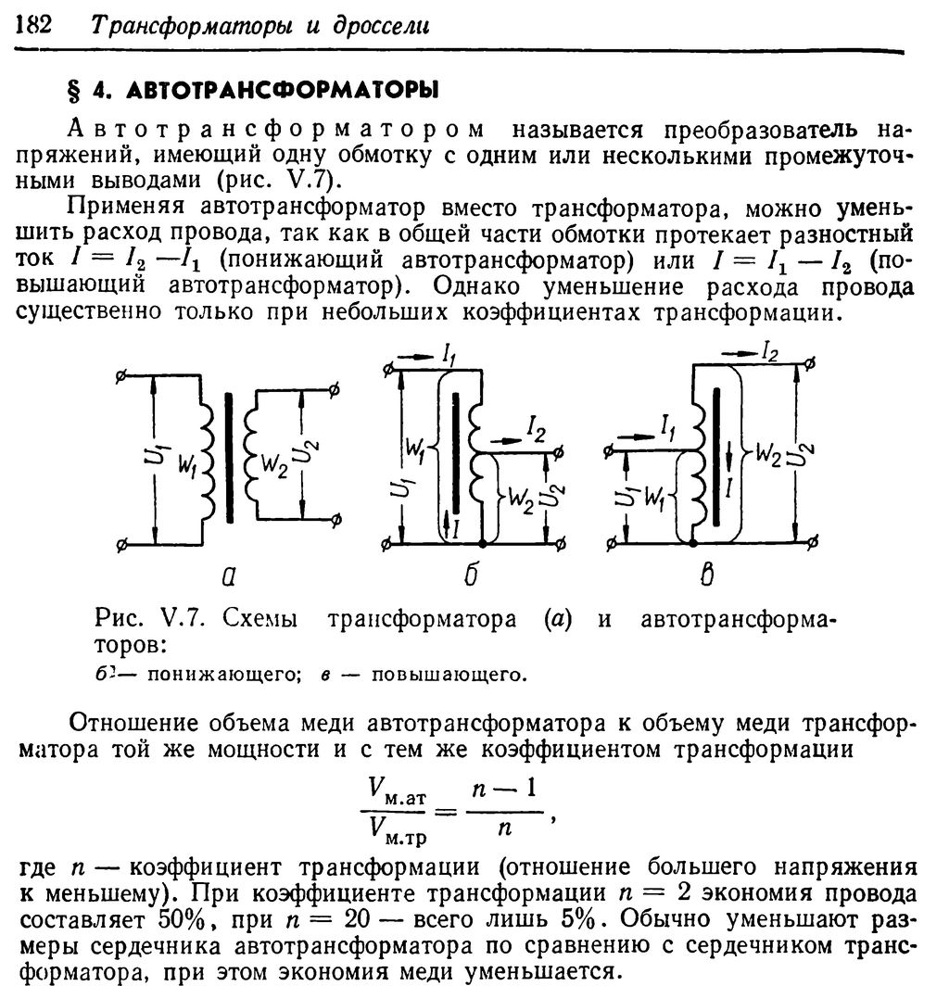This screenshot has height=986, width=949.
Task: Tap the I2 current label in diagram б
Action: [x=535, y=427]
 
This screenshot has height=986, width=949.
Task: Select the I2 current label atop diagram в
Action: [x=768, y=349]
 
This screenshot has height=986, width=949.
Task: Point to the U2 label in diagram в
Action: [x=807, y=453]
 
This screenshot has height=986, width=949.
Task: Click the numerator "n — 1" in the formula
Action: [x=497, y=790]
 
